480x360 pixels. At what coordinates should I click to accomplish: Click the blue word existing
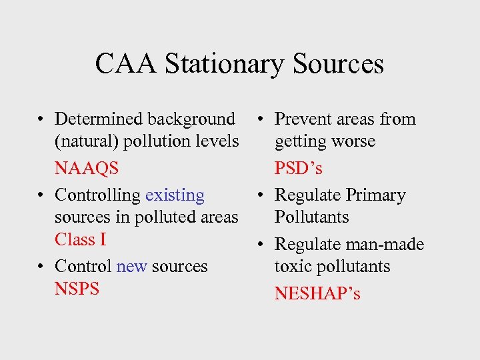point(175,195)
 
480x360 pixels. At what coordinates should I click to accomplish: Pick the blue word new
point(131,266)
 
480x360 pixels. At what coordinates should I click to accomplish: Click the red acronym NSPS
point(77,289)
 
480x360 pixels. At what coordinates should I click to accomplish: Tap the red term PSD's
point(298,169)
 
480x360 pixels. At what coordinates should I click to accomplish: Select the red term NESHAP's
point(317,293)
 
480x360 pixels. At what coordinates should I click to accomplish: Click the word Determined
point(98,119)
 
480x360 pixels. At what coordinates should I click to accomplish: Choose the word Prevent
point(300,119)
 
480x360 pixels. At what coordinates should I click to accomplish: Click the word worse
point(356,141)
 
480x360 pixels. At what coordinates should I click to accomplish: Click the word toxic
point(292,267)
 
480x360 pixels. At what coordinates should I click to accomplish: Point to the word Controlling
point(97,195)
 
